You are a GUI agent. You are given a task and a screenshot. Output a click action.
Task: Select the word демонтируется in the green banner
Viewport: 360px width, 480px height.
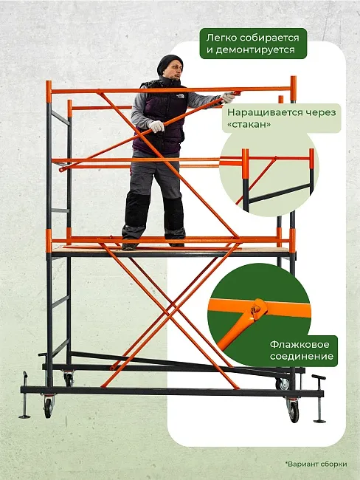(251, 49)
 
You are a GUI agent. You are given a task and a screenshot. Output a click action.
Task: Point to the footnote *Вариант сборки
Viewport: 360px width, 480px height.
(316, 464)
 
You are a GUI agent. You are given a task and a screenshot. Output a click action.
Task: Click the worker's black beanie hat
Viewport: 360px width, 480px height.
(169, 64)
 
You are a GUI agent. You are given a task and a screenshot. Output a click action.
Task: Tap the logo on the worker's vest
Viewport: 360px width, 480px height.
(180, 97)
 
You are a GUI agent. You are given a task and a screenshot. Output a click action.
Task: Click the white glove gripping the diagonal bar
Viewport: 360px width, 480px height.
(156, 126)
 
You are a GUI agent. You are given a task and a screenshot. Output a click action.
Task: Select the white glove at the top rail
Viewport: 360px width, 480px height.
(228, 97)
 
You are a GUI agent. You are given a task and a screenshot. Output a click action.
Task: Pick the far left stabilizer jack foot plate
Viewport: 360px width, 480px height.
(24, 416)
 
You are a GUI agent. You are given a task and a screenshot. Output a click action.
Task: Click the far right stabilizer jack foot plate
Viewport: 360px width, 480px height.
(319, 422)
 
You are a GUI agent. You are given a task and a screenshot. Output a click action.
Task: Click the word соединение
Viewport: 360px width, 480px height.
(302, 357)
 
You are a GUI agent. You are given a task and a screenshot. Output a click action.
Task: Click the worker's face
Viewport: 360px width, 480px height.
(175, 72)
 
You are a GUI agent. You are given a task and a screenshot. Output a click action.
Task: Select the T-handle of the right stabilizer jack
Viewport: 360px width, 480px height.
(319, 377)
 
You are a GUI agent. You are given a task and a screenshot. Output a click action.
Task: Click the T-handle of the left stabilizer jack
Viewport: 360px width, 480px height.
(25, 375)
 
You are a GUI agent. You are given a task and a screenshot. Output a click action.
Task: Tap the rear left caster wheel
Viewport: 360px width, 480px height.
(69, 380)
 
